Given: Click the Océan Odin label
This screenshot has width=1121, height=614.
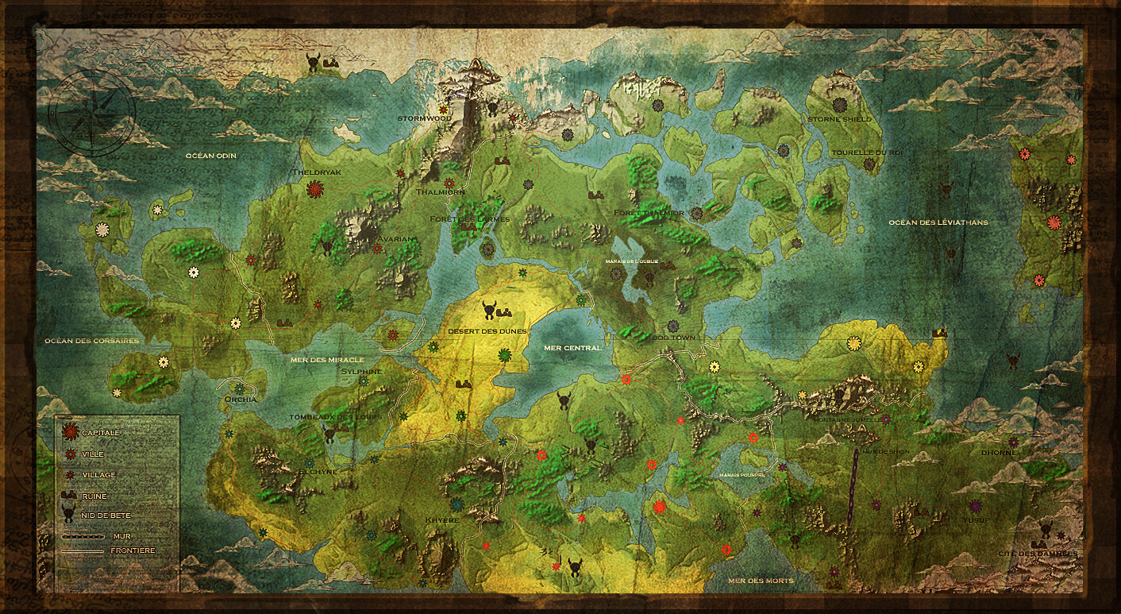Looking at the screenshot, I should click(211, 156).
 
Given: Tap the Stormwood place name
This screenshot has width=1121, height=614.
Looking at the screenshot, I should click(425, 118).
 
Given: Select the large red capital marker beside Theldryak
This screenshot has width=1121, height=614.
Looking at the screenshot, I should click(315, 189).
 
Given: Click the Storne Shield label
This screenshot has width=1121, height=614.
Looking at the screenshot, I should click(839, 119).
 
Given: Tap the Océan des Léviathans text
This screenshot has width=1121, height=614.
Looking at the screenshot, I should click(938, 222).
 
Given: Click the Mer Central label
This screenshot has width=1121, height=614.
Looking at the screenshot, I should click(572, 348).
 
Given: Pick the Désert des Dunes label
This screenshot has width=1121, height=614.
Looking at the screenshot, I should click(487, 331).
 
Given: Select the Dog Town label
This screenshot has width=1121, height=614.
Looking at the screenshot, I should click(673, 338).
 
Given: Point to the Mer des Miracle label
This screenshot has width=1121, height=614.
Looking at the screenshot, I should click(327, 360).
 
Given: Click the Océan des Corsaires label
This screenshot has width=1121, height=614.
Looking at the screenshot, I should click(91, 341).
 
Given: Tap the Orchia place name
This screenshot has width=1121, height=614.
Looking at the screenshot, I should click(241, 400).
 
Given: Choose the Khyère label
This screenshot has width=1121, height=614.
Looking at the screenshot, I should click(442, 520).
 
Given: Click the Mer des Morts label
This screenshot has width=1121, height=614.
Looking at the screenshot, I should click(761, 581).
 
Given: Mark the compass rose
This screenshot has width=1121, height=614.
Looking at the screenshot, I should click(91, 110).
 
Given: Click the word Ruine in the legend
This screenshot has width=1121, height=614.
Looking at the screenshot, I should click(94, 496).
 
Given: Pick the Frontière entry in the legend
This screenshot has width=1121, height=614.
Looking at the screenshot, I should click(133, 550).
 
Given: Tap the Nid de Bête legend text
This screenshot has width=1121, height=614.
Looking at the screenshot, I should click(105, 516).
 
